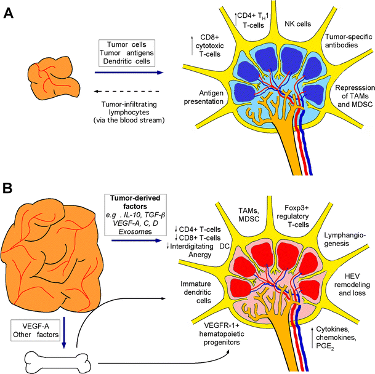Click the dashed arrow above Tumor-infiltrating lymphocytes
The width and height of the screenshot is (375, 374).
tap(127, 89)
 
